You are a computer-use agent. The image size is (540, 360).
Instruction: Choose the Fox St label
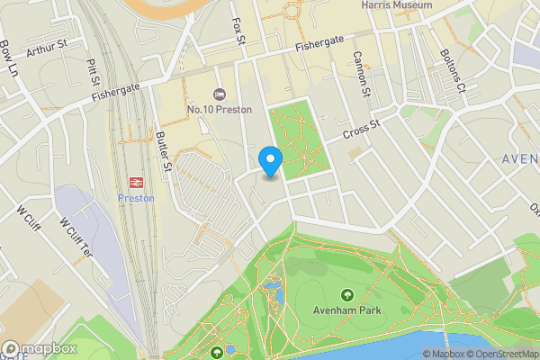pyautogui.click(x=239, y=30)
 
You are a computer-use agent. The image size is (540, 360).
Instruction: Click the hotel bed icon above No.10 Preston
pyautogui.click(x=219, y=94)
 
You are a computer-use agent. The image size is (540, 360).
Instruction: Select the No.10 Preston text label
pyautogui.click(x=219, y=110)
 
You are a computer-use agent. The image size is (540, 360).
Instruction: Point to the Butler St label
pyautogui.click(x=165, y=150)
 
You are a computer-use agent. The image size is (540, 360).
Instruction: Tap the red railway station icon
pyautogui.click(x=137, y=182)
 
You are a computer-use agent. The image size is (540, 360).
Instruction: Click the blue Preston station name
pyautogui.click(x=137, y=198)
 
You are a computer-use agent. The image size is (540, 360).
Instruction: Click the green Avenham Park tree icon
pyautogui.click(x=347, y=295)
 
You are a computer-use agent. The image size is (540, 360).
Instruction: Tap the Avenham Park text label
pyautogui.click(x=347, y=310)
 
